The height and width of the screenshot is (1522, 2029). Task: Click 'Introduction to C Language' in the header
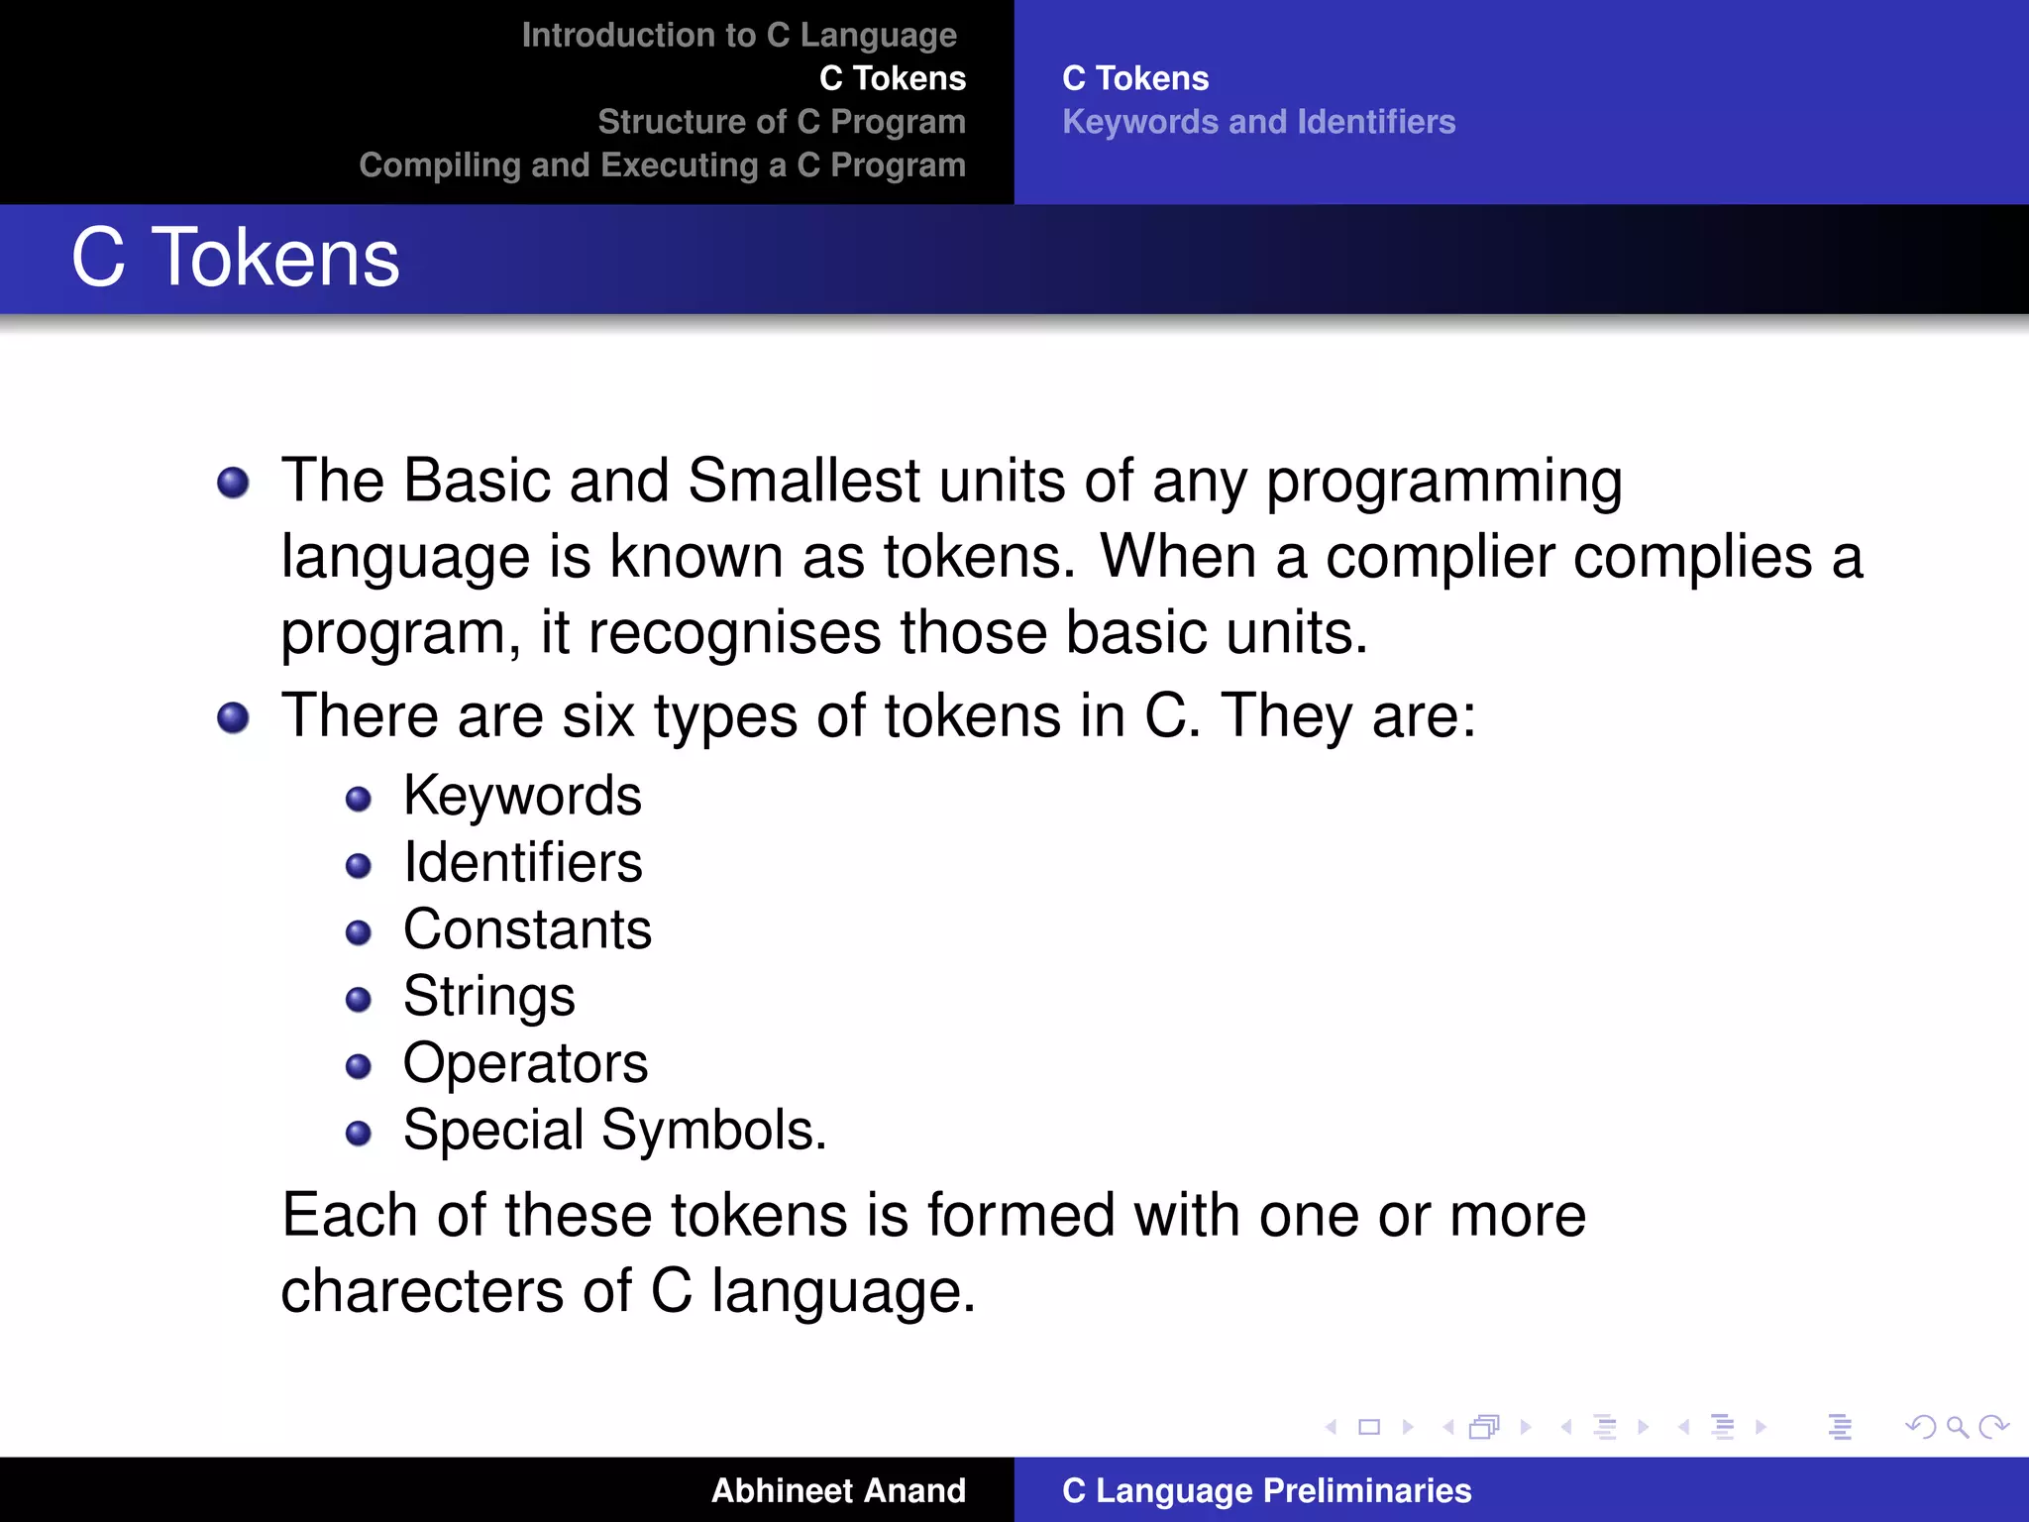pos(739,36)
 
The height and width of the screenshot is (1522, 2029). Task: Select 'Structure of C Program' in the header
pos(781,122)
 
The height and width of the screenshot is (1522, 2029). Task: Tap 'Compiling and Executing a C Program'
pos(662,165)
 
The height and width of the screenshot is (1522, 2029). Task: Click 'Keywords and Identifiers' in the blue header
pos(1258,122)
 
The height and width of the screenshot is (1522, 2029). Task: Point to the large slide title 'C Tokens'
pos(235,258)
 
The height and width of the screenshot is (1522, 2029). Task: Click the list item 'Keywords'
pos(522,796)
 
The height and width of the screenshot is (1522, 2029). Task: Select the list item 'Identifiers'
pos(522,862)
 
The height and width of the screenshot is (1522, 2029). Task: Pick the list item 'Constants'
pos(527,929)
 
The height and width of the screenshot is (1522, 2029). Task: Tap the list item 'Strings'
pos(488,996)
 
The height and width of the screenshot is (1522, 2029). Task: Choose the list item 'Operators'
pos(525,1063)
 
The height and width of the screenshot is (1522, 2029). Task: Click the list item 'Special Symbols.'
pos(614,1130)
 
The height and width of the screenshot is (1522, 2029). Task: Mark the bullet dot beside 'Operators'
pos(359,1066)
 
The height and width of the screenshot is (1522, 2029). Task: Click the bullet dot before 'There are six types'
pos(233,717)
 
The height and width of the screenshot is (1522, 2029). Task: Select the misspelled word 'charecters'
pos(422,1291)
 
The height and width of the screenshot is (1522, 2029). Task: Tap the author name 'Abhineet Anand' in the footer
pos(838,1490)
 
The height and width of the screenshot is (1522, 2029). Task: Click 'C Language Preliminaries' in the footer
pos(1266,1490)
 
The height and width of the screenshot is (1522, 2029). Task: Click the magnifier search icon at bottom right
pos(1957,1427)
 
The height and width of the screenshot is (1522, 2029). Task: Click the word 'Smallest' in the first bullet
pos(803,481)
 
